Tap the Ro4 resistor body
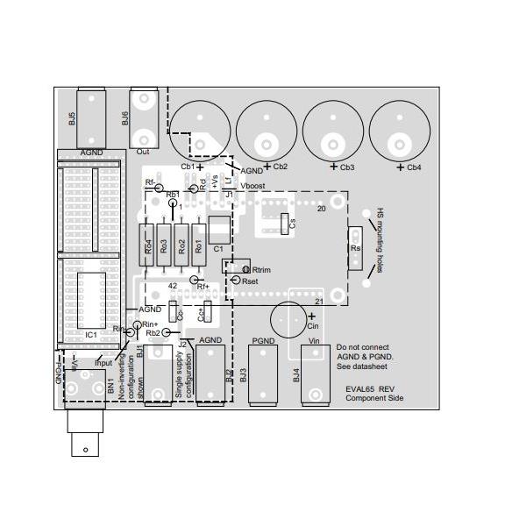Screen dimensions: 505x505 pyautogui.click(x=148, y=246)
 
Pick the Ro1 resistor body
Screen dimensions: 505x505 pyautogui.click(x=198, y=246)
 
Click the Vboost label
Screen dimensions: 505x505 pyautogui.click(x=253, y=186)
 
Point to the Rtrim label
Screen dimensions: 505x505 pyautogui.click(x=263, y=270)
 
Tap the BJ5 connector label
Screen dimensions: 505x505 pyautogui.click(x=72, y=118)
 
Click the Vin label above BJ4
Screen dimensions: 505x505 pyautogui.click(x=317, y=339)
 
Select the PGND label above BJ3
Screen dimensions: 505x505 pyautogui.click(x=263, y=339)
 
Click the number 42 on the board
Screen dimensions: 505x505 pyautogui.click(x=173, y=286)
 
